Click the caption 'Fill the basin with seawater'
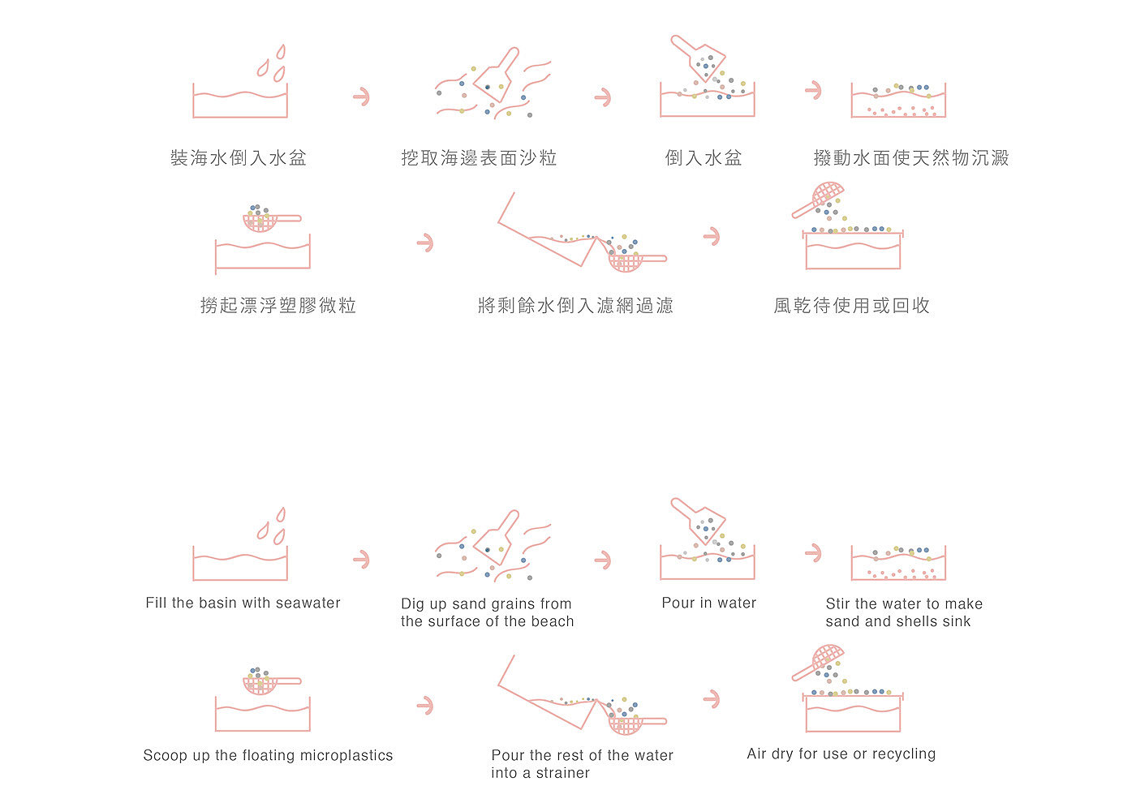tap(243, 603)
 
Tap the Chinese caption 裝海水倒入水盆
tap(239, 157)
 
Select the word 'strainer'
tap(562, 773)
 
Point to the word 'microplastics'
tap(346, 756)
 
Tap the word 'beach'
tap(553, 621)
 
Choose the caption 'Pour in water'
tap(708, 603)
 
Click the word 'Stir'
tap(837, 603)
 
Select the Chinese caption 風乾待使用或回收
tap(852, 305)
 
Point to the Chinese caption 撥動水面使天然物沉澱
tap(911, 157)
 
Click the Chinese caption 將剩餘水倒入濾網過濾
tap(575, 305)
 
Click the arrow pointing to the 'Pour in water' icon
tap(603, 560)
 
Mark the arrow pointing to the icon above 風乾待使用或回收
tap(712, 236)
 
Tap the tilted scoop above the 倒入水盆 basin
tap(698, 58)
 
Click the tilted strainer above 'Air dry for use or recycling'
tap(818, 663)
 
